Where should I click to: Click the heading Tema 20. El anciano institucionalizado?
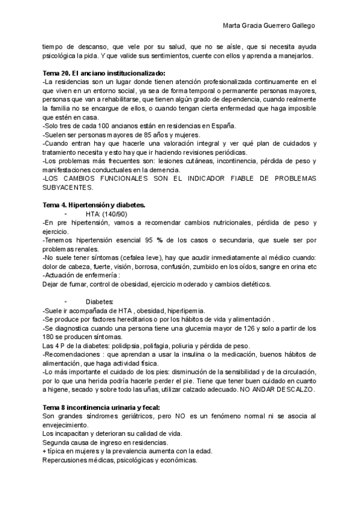(x=104, y=73)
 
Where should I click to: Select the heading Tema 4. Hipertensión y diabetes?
(x=94, y=205)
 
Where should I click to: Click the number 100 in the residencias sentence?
(x=97, y=125)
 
